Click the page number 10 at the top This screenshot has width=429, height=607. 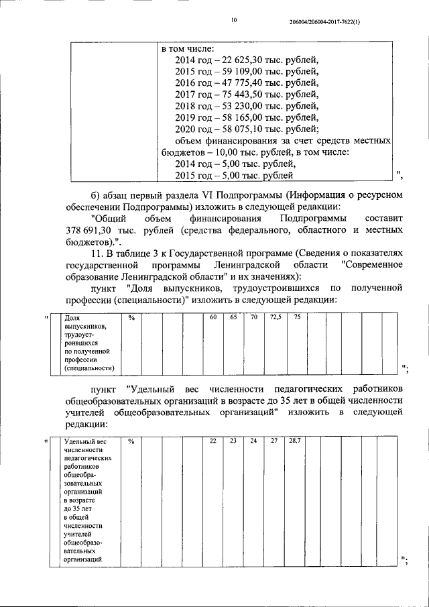[234, 21]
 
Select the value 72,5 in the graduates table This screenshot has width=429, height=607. [275, 317]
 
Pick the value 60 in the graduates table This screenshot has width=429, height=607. [212, 317]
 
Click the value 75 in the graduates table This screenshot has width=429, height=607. [296, 317]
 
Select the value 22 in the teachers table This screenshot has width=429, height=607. [212, 441]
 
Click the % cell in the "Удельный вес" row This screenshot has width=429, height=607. [131, 441]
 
